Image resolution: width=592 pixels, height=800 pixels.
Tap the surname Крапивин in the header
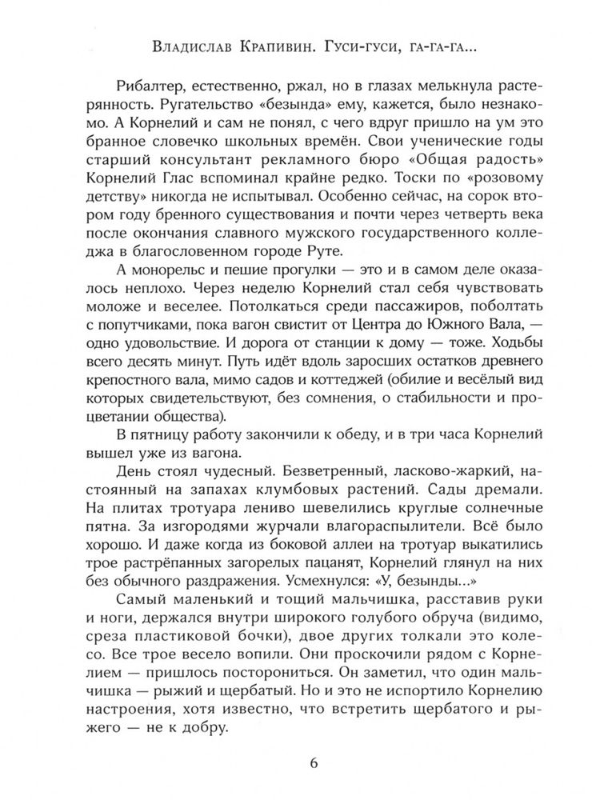[281, 50]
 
